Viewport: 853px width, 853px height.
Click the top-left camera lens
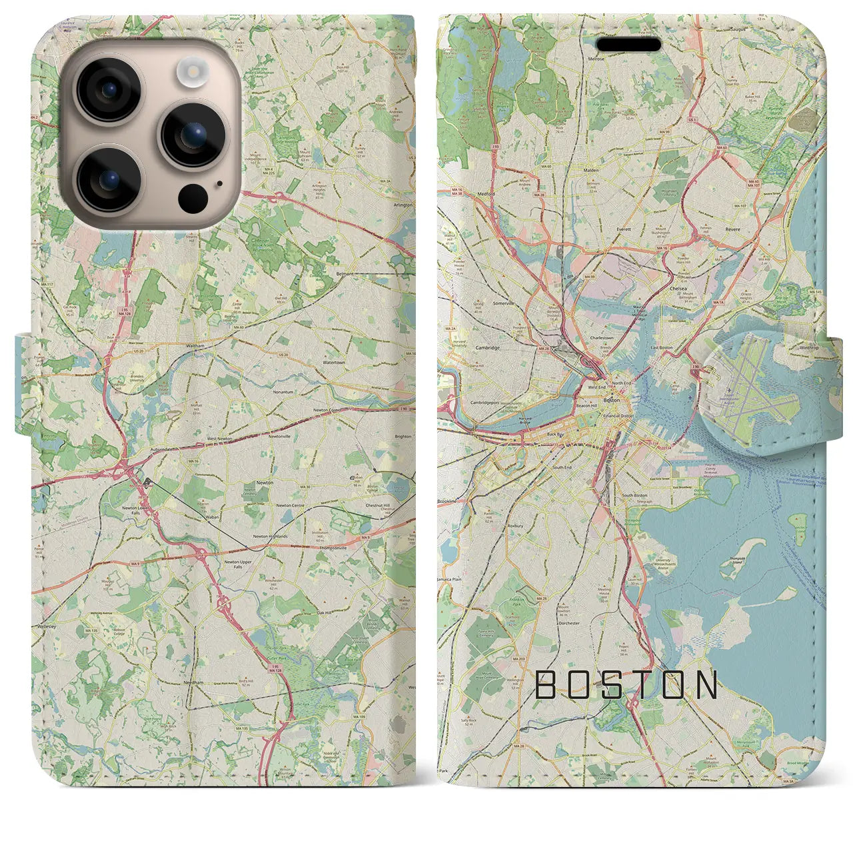click(x=109, y=90)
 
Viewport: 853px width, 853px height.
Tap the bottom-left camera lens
click(x=109, y=179)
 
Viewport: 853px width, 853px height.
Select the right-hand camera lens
click(x=194, y=135)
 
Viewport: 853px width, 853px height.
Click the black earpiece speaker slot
click(x=628, y=45)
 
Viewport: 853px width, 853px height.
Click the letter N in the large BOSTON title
click(x=706, y=684)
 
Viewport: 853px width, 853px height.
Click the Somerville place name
click(x=502, y=303)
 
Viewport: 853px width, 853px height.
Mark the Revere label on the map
click(x=732, y=229)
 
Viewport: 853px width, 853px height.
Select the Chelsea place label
click(x=680, y=289)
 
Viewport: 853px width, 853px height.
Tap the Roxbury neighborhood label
click(x=515, y=526)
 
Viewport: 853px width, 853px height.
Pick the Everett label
click(x=624, y=229)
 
